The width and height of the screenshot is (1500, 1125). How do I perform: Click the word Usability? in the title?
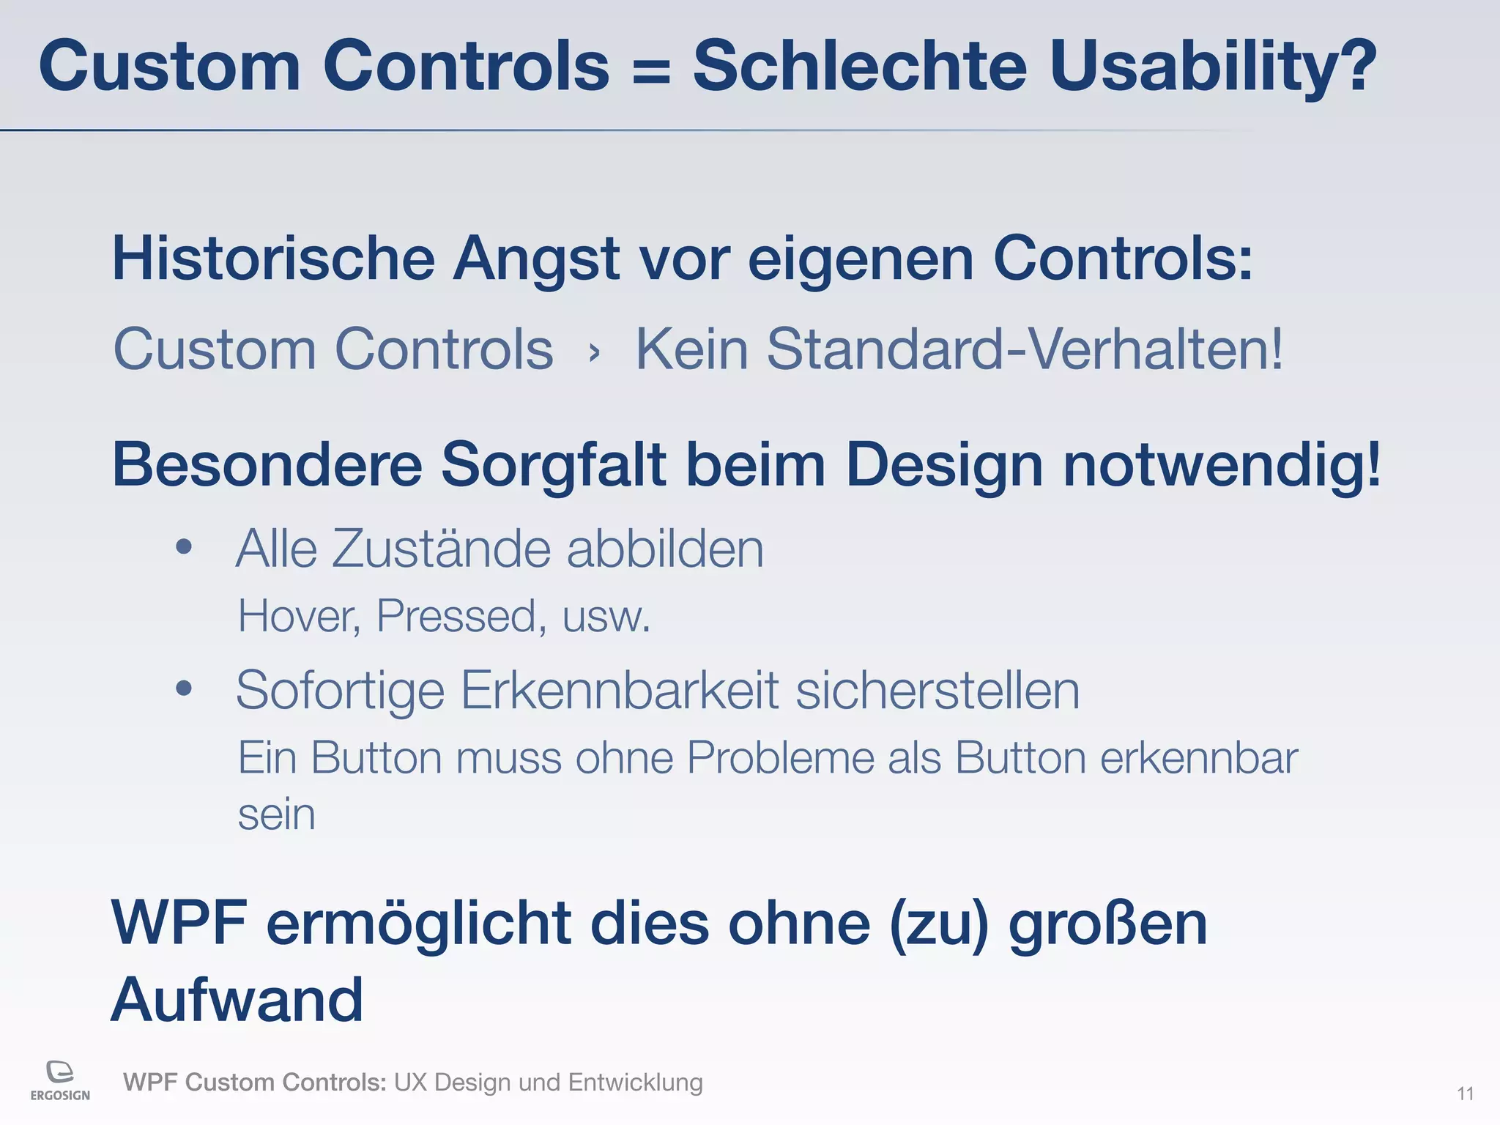click(x=1212, y=67)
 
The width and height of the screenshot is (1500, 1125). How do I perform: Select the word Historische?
click(x=273, y=259)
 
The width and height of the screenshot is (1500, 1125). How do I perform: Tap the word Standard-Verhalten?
click(x=1025, y=349)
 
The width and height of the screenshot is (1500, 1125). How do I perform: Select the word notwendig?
click(x=1222, y=466)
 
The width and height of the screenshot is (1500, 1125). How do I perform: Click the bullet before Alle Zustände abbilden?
click(x=184, y=546)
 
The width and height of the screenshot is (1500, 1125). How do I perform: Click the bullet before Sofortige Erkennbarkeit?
click(x=184, y=688)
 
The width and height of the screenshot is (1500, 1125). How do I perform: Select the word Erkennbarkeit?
click(x=619, y=690)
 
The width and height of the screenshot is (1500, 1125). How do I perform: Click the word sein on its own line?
click(x=276, y=814)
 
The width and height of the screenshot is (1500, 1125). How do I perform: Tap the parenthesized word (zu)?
click(x=939, y=924)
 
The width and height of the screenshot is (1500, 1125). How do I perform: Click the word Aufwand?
click(x=237, y=1000)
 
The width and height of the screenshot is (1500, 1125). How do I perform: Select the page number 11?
click(x=1465, y=1094)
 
